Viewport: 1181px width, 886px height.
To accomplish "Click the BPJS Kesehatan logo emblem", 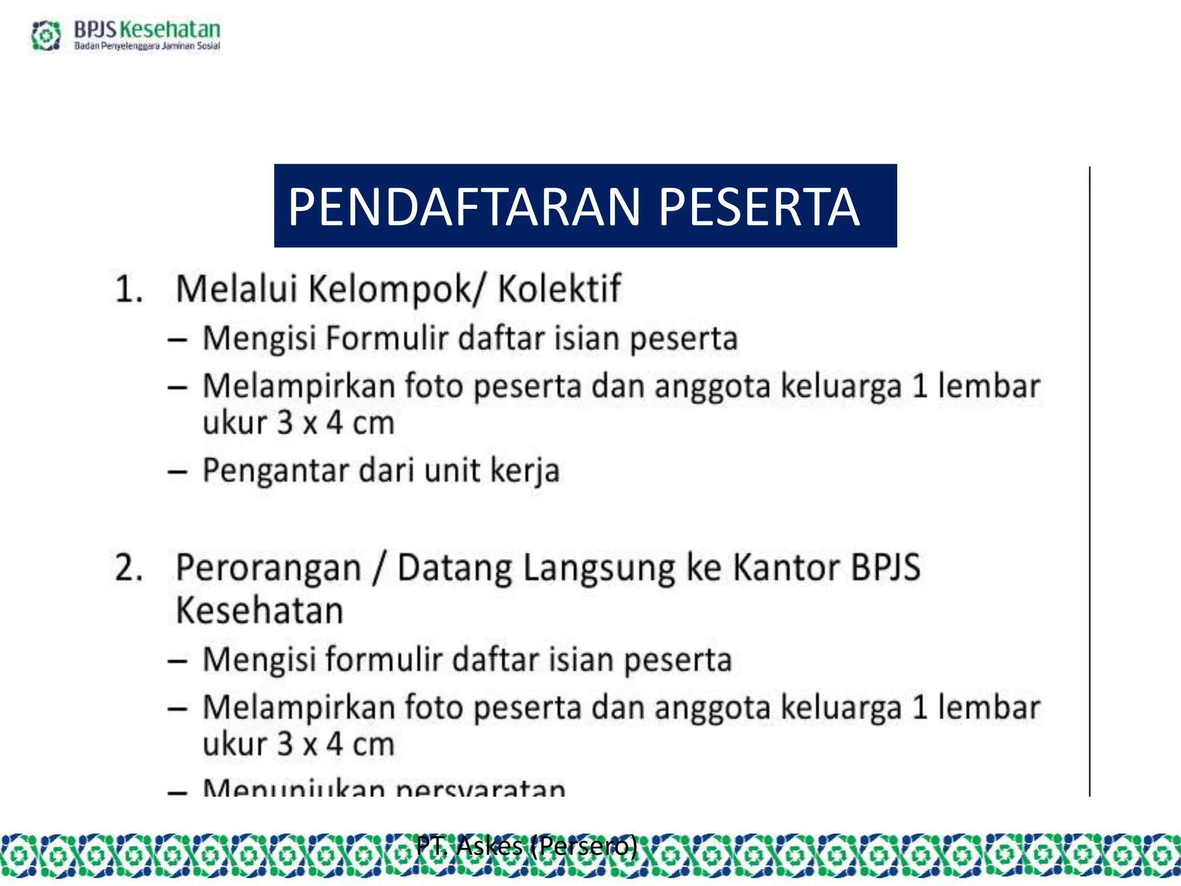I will pos(46,35).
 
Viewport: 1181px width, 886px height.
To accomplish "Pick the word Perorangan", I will pos(269,569).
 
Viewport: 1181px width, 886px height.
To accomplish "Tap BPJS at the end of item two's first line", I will pos(886,568).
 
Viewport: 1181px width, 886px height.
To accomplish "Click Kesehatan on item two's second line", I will pos(259,611).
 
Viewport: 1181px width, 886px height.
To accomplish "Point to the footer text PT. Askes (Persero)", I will pos(526,846).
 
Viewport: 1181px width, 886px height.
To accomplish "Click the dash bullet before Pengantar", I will pos(177,472).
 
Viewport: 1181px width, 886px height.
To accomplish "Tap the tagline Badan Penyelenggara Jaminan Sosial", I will pos(147,46).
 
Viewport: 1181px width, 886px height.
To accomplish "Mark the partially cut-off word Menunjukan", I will pos(294,788).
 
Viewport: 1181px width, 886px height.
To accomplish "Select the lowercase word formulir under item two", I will pos(383,660).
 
